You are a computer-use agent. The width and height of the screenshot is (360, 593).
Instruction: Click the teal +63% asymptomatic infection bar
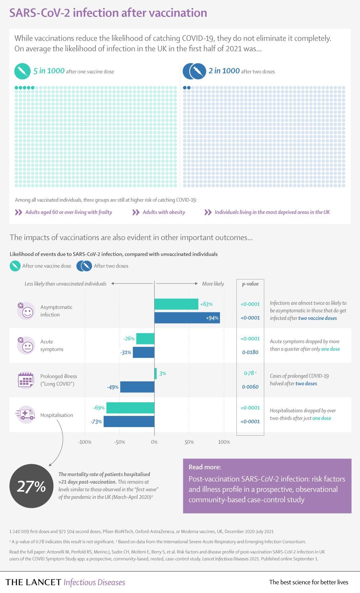tap(176, 304)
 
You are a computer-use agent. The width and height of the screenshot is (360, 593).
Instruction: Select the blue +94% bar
tap(187, 318)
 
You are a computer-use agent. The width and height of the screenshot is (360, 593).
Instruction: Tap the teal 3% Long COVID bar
tap(156, 373)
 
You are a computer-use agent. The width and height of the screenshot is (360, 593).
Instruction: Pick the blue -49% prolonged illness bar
tap(137, 387)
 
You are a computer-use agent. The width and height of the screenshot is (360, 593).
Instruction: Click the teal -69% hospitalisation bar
tap(130, 408)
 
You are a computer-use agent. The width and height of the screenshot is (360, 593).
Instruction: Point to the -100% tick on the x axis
tap(85, 442)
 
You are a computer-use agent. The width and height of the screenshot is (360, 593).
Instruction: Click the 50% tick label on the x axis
tap(189, 442)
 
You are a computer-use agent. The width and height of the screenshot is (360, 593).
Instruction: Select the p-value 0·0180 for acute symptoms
tap(250, 352)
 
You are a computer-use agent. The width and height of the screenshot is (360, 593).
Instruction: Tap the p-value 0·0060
tap(250, 387)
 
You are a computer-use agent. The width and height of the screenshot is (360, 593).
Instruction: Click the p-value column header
tap(250, 284)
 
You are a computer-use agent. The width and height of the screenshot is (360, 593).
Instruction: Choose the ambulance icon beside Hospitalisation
tap(26, 414)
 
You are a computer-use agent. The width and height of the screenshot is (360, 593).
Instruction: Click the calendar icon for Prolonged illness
tap(26, 380)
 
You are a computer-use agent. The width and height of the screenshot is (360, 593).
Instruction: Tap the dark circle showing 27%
tap(31, 486)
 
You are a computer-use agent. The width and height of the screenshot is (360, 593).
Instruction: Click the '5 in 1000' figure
tap(49, 71)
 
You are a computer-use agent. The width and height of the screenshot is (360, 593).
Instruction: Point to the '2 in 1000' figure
tap(224, 71)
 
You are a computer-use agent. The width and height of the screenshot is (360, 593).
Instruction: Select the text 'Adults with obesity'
tap(164, 212)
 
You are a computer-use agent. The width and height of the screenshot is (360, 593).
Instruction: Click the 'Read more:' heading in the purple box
tap(204, 467)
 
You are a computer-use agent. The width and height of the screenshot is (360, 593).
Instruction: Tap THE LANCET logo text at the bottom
tap(33, 582)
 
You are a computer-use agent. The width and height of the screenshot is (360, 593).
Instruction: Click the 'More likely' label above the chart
tap(213, 284)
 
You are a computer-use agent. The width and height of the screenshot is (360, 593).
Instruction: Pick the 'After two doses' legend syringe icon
tap(84, 266)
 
